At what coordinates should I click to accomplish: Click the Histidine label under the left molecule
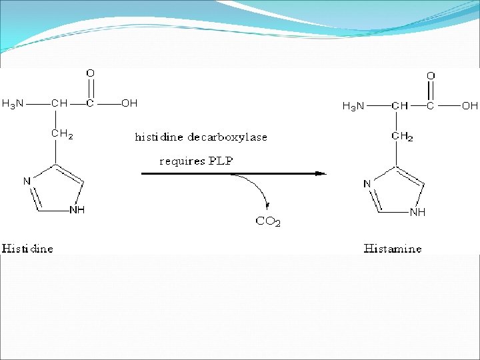click(27, 249)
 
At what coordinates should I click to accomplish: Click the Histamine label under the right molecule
click(393, 249)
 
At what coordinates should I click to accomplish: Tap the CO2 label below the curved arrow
click(268, 221)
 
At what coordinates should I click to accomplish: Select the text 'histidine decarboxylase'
click(201, 137)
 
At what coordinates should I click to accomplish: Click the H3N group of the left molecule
click(13, 103)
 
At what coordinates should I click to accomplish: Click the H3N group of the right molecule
click(353, 105)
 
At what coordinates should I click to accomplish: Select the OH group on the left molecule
click(129, 103)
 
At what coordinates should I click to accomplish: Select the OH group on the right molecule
click(470, 105)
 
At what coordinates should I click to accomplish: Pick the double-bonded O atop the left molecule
click(90, 72)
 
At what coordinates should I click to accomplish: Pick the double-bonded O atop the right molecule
click(431, 75)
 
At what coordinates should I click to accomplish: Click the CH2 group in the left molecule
click(62, 134)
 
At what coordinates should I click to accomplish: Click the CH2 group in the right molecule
click(402, 137)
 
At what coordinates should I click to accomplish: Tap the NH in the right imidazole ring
click(417, 212)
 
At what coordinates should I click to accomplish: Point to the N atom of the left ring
click(27, 180)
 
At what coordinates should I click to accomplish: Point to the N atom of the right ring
click(367, 183)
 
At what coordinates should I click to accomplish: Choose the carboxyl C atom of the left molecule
click(90, 103)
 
